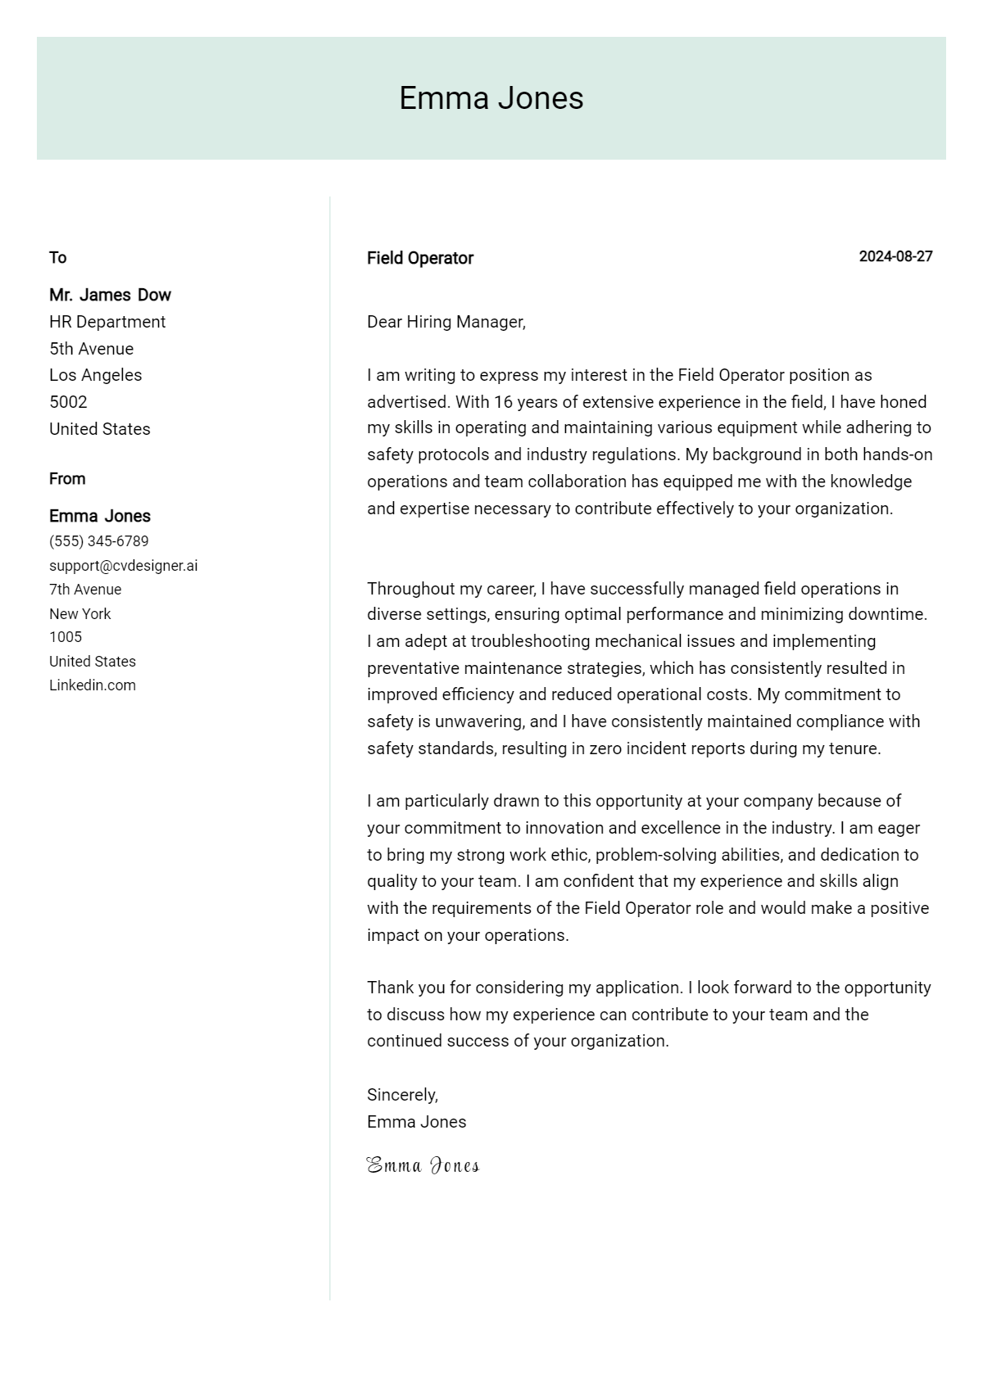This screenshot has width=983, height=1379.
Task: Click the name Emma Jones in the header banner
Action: click(491, 98)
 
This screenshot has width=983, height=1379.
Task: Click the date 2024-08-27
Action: click(895, 256)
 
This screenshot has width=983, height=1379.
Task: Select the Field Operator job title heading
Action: click(419, 258)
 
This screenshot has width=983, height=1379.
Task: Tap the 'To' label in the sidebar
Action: click(57, 258)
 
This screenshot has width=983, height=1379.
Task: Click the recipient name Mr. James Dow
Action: click(110, 295)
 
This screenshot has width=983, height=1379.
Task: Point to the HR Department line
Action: click(107, 322)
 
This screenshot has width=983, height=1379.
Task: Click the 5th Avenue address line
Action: click(91, 349)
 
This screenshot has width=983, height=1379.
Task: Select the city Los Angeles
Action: click(95, 375)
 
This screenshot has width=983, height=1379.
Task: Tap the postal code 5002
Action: click(68, 402)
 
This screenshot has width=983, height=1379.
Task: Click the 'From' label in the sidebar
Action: click(67, 479)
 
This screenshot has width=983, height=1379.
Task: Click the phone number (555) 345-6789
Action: click(98, 541)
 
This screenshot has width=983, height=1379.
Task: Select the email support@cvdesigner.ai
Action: click(123, 566)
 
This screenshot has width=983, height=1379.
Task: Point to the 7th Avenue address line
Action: click(85, 590)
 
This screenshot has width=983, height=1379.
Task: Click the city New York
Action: click(79, 614)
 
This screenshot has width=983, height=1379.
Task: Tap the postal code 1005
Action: click(66, 637)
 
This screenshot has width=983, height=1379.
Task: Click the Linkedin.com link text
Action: click(93, 685)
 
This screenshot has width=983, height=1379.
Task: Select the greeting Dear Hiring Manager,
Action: click(446, 322)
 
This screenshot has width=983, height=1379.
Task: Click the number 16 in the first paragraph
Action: click(502, 402)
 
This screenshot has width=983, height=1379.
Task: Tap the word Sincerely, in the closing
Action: click(402, 1095)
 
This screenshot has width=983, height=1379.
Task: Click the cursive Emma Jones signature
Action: click(423, 1165)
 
